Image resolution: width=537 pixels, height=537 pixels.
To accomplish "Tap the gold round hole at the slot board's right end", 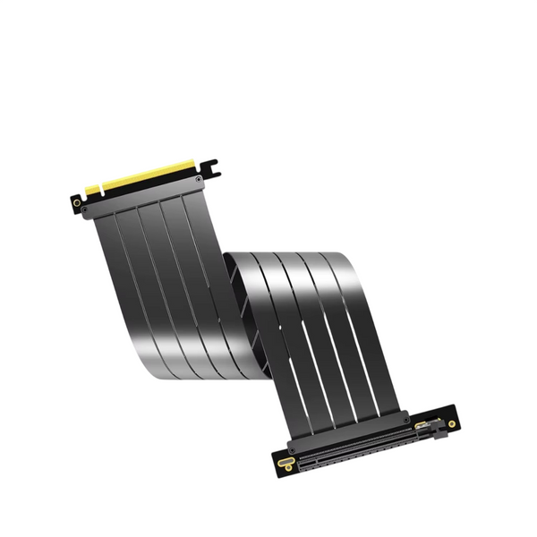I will click(x=453, y=422).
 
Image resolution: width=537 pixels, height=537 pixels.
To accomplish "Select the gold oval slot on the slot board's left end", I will click(x=286, y=463).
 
